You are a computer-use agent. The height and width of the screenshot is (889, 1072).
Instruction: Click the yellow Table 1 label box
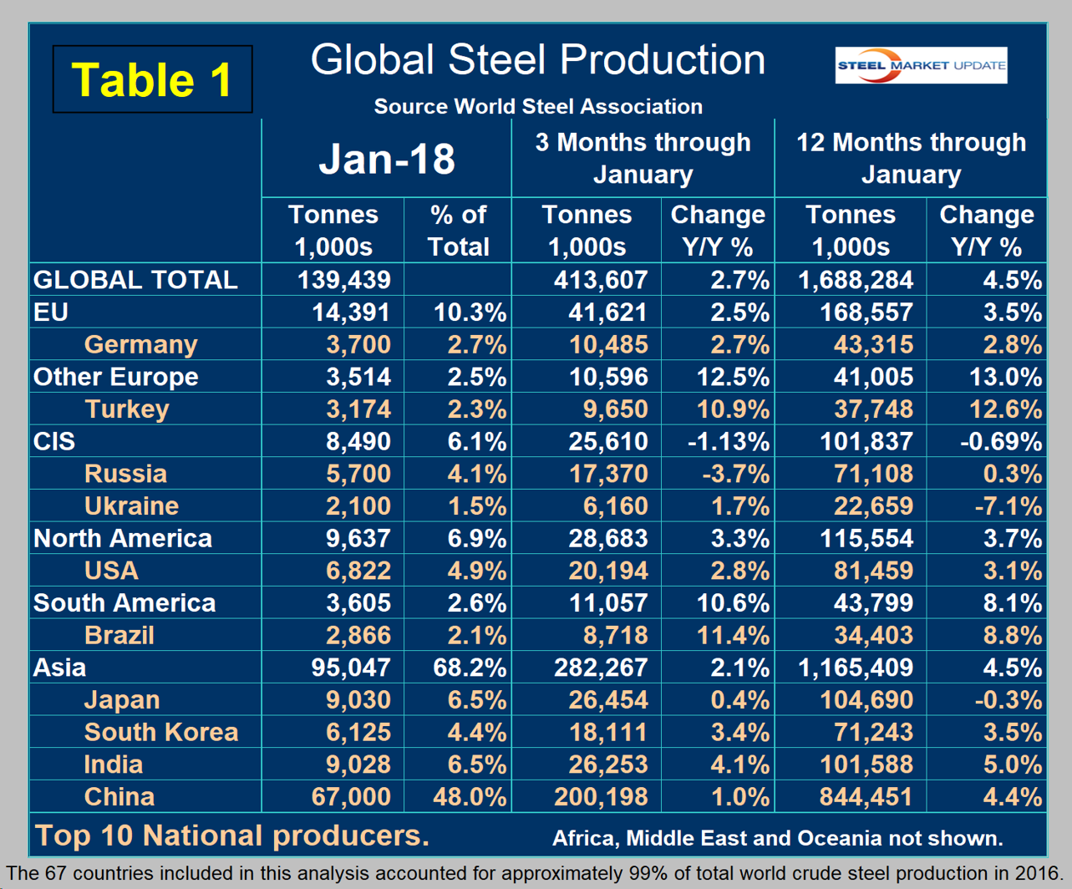152,80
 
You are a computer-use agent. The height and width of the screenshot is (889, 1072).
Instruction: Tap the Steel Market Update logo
921,66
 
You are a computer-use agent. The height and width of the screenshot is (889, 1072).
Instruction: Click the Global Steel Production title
537,60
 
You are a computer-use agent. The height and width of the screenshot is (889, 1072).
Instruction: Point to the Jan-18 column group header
387,159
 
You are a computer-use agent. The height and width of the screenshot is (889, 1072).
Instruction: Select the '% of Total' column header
458,231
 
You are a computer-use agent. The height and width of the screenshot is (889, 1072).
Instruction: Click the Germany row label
140,344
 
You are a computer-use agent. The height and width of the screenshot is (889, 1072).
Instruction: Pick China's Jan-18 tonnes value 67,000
351,796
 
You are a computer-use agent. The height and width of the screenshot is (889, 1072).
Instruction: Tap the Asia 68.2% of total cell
470,668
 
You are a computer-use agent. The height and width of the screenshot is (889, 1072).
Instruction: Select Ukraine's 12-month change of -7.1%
1000,505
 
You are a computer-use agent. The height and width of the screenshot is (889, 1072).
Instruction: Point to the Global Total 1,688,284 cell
856,280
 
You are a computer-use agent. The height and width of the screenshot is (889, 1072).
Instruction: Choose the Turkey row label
127,409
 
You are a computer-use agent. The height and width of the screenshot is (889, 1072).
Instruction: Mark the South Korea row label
161,732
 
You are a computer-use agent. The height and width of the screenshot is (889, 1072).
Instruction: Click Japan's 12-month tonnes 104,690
867,700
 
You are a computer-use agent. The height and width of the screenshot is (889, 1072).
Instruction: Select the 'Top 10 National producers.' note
231,835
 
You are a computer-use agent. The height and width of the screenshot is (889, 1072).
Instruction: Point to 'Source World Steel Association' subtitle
538,106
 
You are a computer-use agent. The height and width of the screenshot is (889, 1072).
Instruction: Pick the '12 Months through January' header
911,158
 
